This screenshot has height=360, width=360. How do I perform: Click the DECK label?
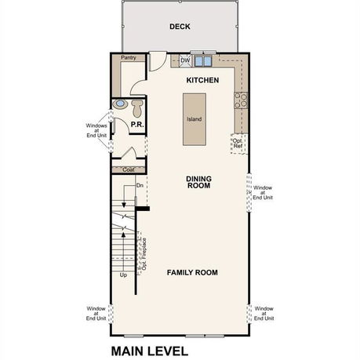pos(180,27)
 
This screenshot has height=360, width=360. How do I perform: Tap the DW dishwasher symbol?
pos(185,61)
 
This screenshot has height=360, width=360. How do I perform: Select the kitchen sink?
pos(203,61)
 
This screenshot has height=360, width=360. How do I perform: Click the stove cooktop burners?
pos(241,100)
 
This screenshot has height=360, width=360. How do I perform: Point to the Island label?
pos(195,119)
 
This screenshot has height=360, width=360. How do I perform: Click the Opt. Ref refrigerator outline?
pos(239,144)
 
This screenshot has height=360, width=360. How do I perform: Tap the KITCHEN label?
pos(202,80)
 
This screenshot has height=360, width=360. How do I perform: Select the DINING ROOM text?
pos(198,182)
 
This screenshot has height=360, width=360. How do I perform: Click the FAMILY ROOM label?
pos(192,273)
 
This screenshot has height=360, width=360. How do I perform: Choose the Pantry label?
pos(129,58)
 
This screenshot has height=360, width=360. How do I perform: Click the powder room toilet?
pos(137,108)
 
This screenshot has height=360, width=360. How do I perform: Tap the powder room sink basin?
pos(120,104)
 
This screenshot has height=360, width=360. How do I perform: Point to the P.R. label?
pos(137,125)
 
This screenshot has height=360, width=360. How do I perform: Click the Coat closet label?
pos(129,169)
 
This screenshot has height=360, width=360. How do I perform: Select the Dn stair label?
pos(140,185)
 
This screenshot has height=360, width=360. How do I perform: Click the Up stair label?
pos(123,275)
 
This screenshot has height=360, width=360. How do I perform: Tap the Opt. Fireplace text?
pos(144,254)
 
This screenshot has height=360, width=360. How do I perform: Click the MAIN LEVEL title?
pos(150,351)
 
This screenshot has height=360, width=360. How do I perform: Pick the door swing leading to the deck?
pos(158,61)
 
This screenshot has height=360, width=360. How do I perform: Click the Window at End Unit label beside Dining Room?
pos(263,193)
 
